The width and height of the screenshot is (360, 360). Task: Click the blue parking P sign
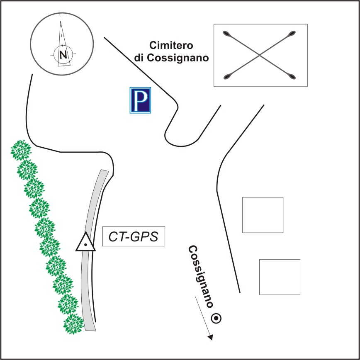(x=140, y=100)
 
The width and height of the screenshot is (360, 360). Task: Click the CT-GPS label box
(x=134, y=236)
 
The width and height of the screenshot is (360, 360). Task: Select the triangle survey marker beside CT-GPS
(x=85, y=243)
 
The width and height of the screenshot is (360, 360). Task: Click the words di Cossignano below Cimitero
(x=171, y=58)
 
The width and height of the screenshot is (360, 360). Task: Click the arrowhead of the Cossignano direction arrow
(x=211, y=338)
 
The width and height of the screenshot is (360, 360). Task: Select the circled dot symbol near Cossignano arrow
(x=216, y=318)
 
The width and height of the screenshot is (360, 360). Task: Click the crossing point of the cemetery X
(x=260, y=55)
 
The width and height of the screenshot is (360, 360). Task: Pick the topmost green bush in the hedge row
(x=21, y=150)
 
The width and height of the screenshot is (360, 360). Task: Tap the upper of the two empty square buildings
(x=263, y=215)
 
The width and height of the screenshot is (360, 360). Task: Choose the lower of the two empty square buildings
(x=280, y=277)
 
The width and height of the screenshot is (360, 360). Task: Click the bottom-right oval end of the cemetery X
(x=292, y=77)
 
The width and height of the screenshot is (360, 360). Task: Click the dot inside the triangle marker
(x=85, y=245)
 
